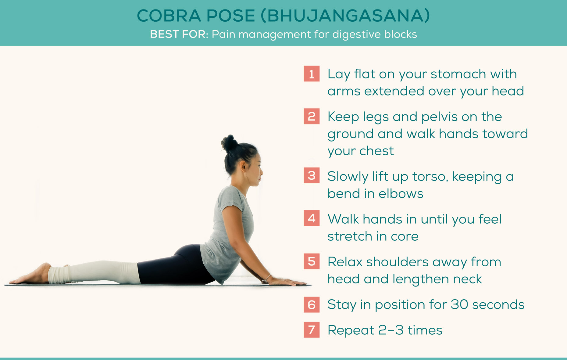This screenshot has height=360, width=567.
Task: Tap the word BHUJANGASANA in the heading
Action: coord(346,16)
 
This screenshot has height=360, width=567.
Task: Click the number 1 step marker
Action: coord(312,74)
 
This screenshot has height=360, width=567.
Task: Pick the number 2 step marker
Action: coord(312,117)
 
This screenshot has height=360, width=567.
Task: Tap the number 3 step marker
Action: coord(312,175)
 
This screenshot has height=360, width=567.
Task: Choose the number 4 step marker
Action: coord(312,218)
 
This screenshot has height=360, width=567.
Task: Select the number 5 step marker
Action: coord(312,261)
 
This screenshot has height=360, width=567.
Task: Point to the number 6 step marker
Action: coord(312,305)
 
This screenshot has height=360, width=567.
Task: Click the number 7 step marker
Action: coord(312,330)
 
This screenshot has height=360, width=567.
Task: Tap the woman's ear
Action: coord(243,166)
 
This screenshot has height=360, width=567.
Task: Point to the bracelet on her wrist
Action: coord(267,278)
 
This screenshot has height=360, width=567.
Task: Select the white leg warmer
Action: coord(93,272)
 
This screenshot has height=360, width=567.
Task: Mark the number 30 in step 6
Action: coord(459,304)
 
